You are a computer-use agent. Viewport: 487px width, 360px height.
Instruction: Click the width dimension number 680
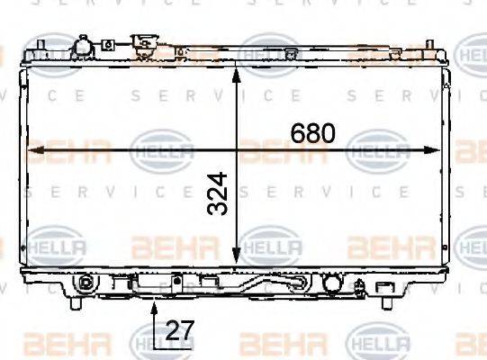[x=312, y=134]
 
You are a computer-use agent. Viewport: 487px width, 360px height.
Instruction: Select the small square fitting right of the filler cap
[x=107, y=43]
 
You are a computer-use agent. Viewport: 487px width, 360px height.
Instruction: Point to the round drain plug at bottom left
[x=86, y=282]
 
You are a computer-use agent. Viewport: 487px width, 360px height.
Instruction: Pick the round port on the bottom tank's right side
[x=331, y=283]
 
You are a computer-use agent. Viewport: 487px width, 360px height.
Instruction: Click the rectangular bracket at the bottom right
[x=389, y=287]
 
